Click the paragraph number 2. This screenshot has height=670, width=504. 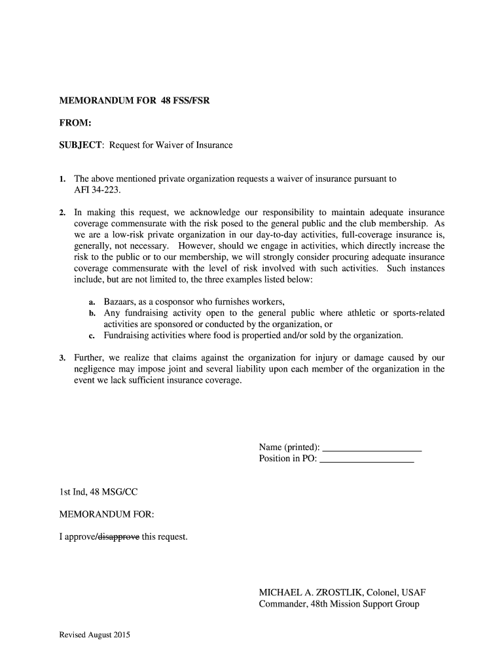pos(62,213)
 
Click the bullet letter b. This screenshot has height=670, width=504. pos(92,313)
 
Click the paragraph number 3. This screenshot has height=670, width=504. pos(62,358)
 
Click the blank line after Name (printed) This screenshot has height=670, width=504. pos(372,448)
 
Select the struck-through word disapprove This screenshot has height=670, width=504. pos(118,537)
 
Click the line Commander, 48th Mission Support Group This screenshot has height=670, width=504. pos(338,604)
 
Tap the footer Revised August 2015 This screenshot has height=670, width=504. pos(95,635)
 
